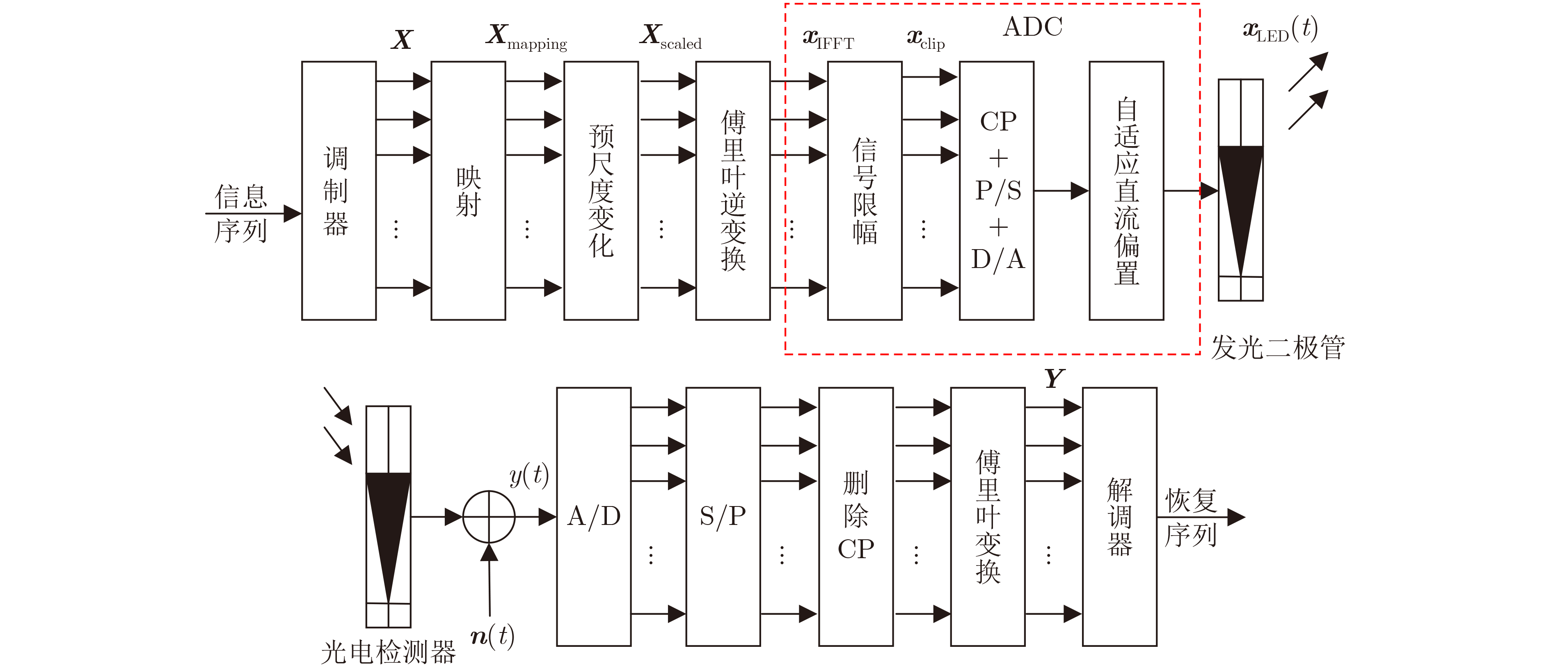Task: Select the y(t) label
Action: [529, 476]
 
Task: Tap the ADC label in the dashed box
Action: [1033, 27]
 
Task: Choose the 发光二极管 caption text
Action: [1278, 348]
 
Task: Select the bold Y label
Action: [1054, 379]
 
